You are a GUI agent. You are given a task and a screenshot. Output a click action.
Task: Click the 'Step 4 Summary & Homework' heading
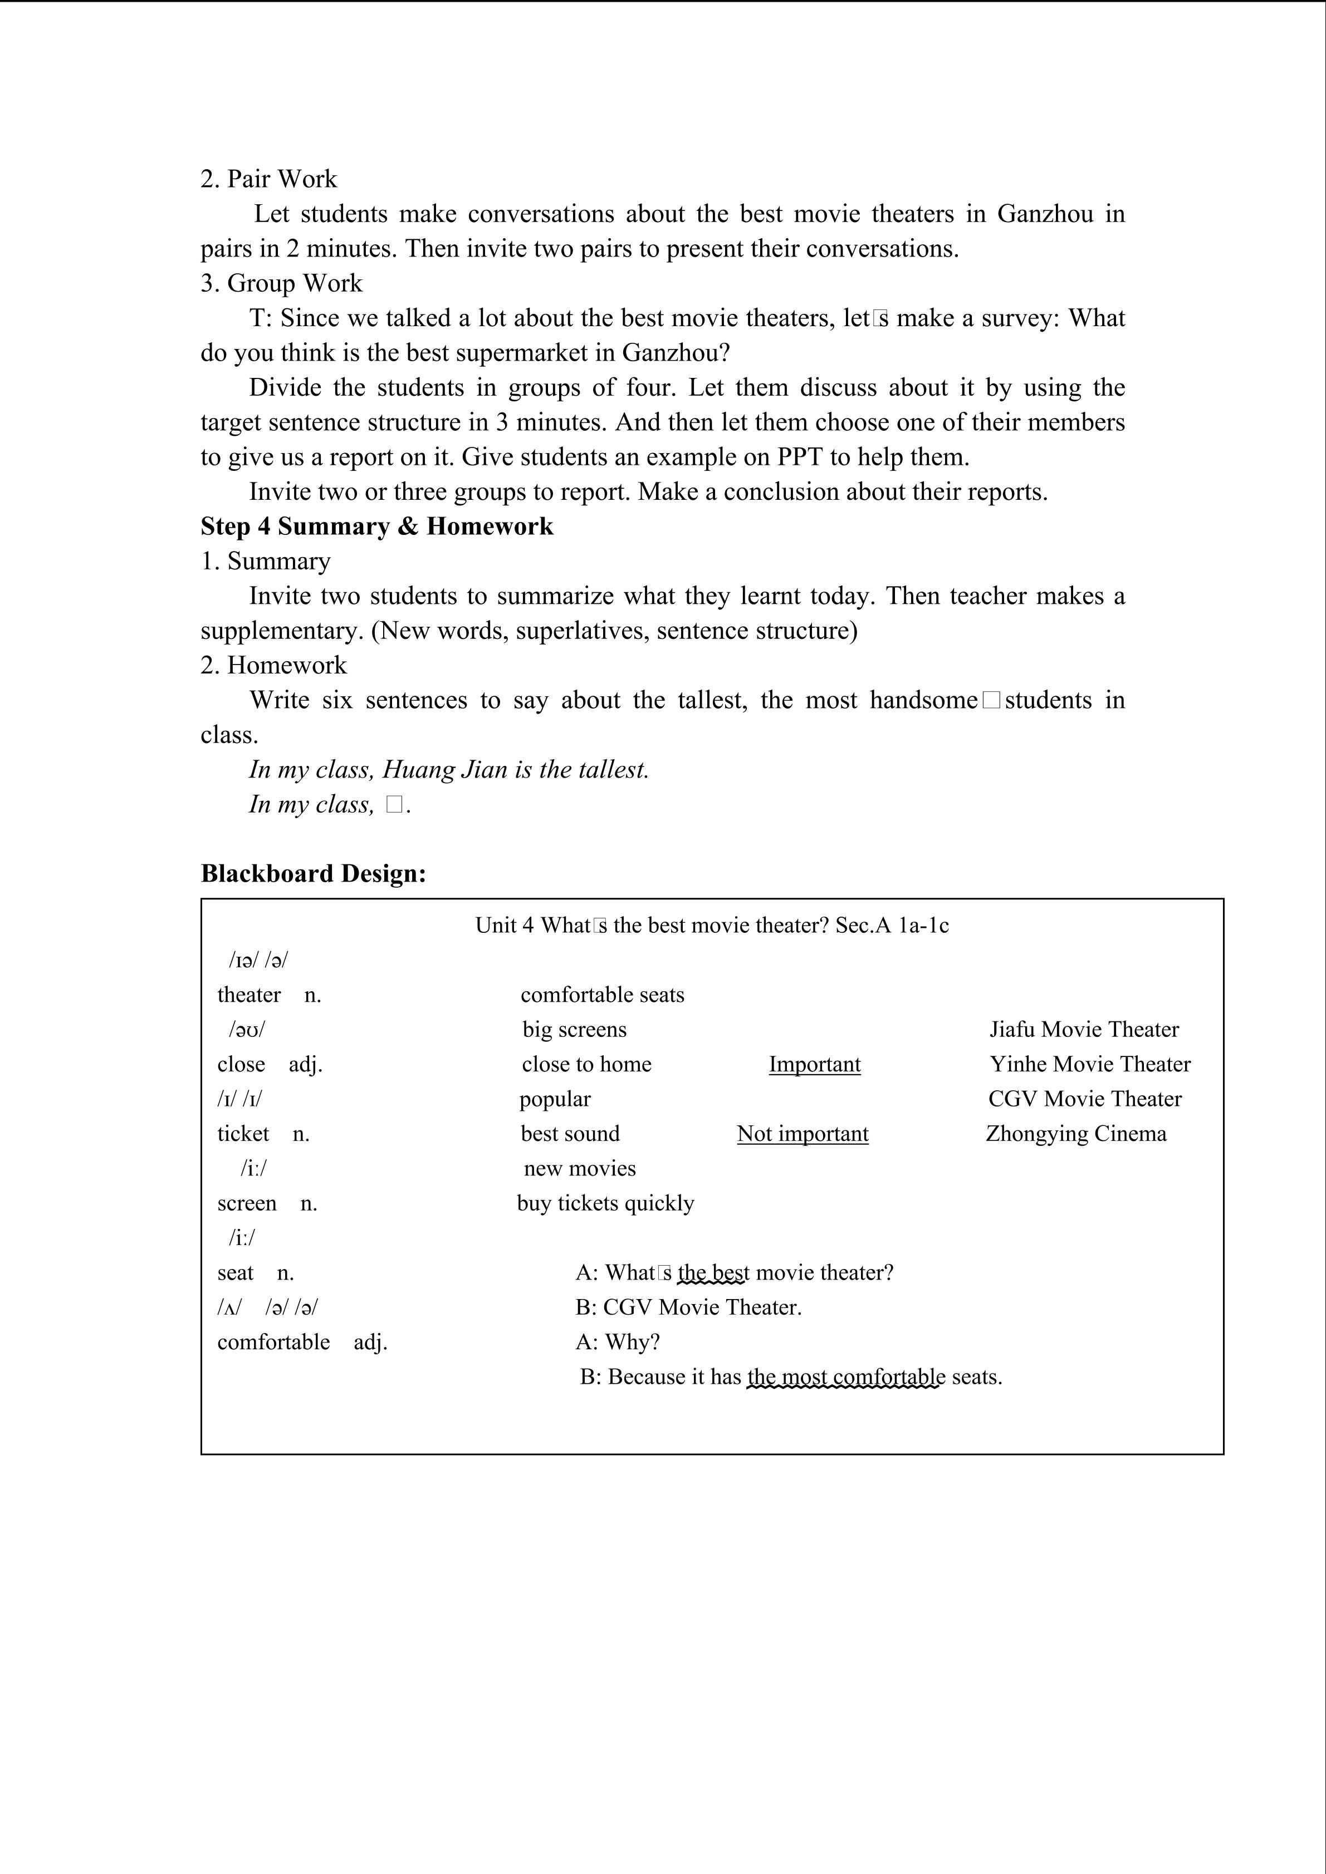click(x=376, y=527)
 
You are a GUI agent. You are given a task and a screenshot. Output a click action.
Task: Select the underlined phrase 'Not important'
click(x=802, y=1134)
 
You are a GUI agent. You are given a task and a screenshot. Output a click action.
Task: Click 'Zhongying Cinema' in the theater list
click(x=1075, y=1134)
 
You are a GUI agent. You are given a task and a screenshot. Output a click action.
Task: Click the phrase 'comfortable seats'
click(x=602, y=995)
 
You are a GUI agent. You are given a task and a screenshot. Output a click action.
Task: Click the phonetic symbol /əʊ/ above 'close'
click(x=247, y=1030)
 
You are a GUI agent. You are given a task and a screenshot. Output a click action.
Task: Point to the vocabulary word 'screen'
click(x=247, y=1203)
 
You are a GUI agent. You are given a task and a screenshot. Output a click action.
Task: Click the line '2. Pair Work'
click(x=268, y=179)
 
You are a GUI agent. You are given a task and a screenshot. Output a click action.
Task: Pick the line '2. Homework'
click(x=273, y=665)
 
